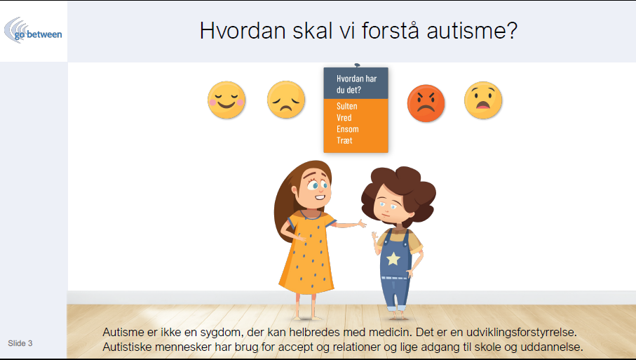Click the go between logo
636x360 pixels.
click(33, 31)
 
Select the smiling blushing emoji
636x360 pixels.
click(226, 100)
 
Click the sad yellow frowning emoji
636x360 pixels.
click(286, 100)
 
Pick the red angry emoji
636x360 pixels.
click(426, 103)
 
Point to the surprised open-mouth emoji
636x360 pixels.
click(483, 100)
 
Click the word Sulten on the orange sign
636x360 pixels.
click(347, 107)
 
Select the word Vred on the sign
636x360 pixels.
click(344, 118)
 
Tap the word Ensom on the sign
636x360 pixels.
click(348, 129)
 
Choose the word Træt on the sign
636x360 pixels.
click(344, 140)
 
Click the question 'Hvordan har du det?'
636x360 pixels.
click(356, 84)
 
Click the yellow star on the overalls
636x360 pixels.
click(393, 258)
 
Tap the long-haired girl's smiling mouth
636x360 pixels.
click(320, 198)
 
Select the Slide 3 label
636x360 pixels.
click(20, 343)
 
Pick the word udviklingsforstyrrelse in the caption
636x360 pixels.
click(521, 333)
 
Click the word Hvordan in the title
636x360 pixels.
click(243, 30)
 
